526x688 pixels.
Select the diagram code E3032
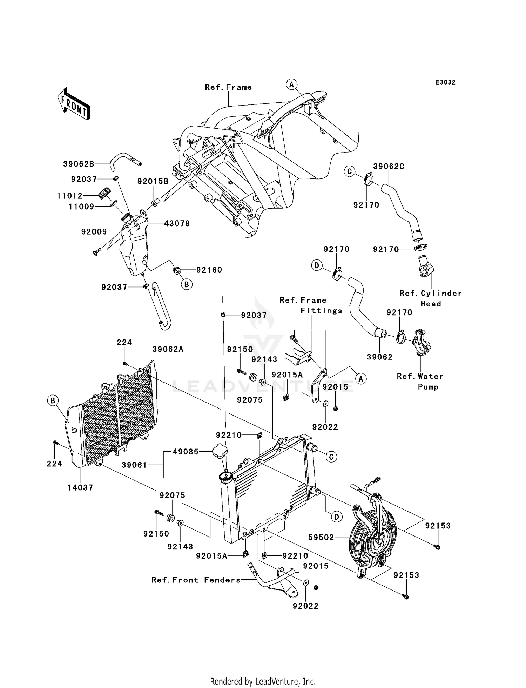click(445, 82)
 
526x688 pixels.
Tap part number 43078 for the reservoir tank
click(177, 223)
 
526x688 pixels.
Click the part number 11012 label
click(70, 196)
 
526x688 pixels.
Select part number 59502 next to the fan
click(321, 537)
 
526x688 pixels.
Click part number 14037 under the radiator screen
click(80, 487)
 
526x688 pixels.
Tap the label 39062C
click(389, 166)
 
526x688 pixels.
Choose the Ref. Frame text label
click(228, 87)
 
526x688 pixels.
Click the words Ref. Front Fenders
click(196, 580)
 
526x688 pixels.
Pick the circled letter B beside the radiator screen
click(53, 400)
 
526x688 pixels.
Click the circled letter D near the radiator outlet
click(336, 517)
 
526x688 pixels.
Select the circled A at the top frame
click(291, 84)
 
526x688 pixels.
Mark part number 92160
click(209, 270)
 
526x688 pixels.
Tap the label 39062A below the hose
click(168, 349)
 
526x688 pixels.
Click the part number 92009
click(94, 232)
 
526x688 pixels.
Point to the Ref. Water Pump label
click(420, 382)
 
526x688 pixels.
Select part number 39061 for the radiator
click(135, 465)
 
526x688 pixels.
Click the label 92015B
click(153, 181)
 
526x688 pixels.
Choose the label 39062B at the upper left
click(79, 164)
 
